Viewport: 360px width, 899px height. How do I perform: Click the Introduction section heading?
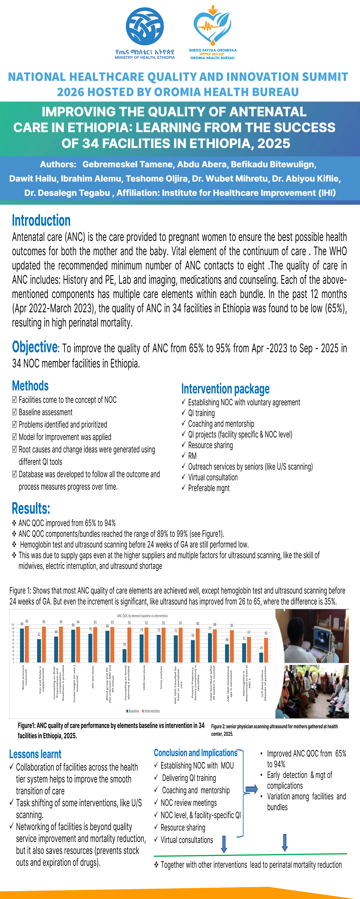41,221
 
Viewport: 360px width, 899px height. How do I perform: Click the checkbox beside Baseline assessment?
14,412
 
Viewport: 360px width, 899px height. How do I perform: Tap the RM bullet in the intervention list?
192,456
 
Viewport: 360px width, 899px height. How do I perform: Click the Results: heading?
31,508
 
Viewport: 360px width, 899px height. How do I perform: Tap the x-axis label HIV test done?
93,677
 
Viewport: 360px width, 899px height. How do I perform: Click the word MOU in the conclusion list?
227,765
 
